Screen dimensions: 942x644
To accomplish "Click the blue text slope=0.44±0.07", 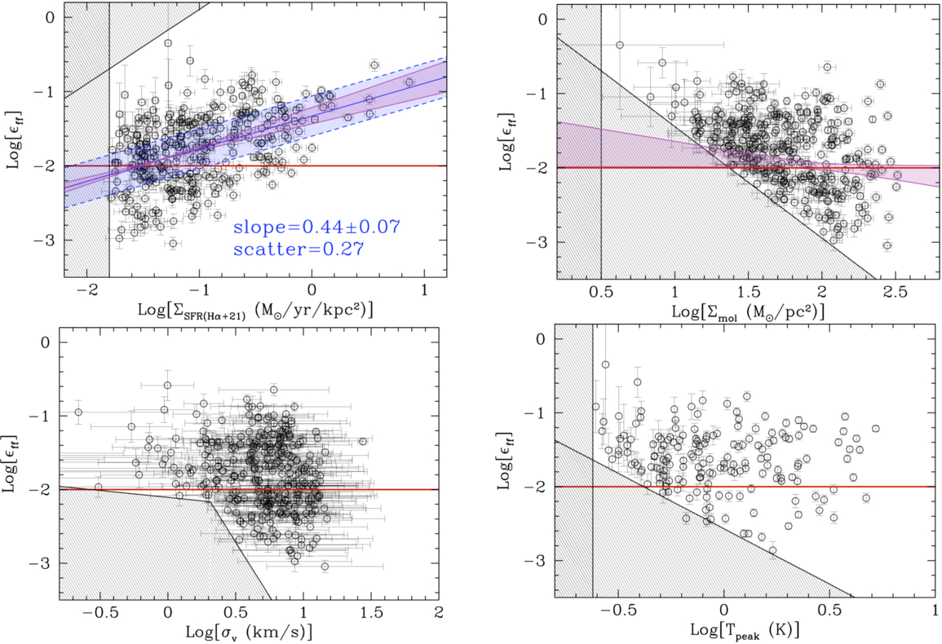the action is tap(316, 227).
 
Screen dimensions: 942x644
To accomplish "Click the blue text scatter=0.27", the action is tap(299, 249).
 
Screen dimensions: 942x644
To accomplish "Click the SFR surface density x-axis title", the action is tap(255, 310).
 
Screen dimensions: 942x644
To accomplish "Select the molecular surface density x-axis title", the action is tap(748, 311).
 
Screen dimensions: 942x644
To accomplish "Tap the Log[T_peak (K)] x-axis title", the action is tap(744, 631).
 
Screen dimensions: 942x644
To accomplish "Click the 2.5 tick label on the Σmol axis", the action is tap(896, 292).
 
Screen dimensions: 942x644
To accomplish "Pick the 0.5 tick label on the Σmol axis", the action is tap(601, 292).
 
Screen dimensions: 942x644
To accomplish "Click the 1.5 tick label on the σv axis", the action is tap(370, 612).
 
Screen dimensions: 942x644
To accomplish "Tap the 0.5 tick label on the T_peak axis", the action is tap(829, 611).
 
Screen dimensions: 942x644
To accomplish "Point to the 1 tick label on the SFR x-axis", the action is tap(425, 290).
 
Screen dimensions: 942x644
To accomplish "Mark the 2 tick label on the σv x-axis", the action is tap(439, 612).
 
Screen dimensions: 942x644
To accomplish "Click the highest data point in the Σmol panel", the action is tap(619, 45).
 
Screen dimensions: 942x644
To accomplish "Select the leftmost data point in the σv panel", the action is tap(78, 412).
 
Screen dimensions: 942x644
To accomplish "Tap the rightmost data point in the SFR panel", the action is tap(409, 82).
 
